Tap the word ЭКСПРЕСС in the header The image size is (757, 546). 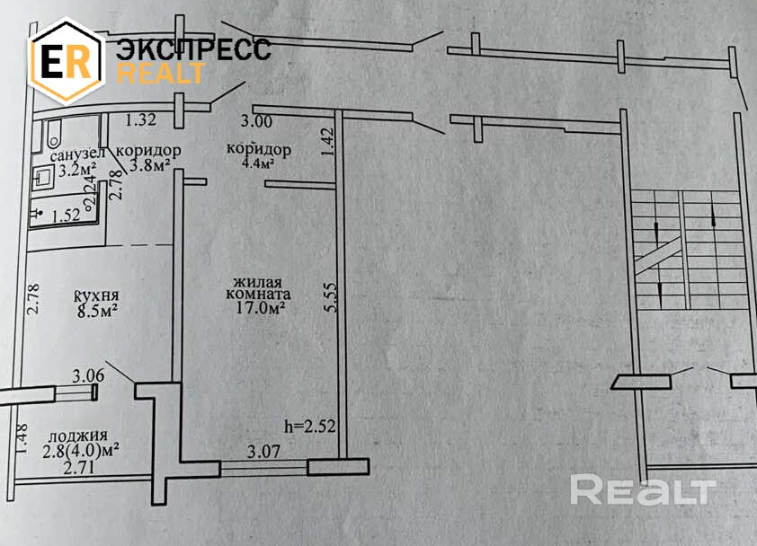[x=193, y=50]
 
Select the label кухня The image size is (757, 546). [x=98, y=297]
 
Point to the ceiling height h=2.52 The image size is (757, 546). [x=308, y=427]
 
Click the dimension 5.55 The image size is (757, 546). [x=330, y=299]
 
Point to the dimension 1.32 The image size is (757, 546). [x=141, y=119]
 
